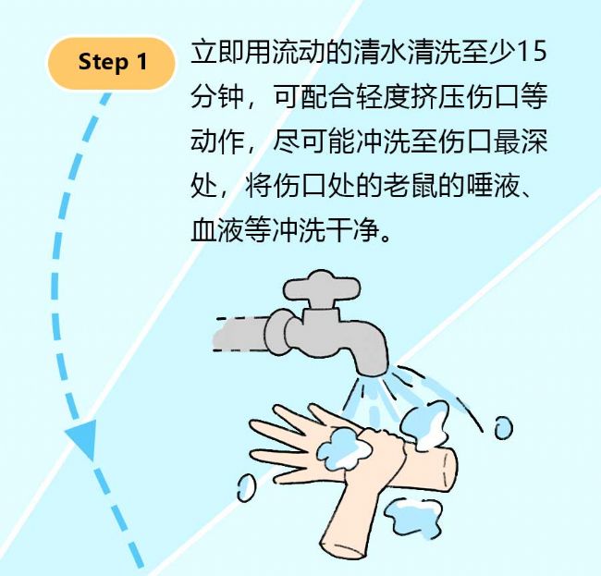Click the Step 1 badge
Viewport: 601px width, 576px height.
111,63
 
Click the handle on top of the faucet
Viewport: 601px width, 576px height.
322,286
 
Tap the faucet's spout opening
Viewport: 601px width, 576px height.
372,372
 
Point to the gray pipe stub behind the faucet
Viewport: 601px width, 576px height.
240,334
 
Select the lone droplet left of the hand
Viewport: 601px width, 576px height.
246,487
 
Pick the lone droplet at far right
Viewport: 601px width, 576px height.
503,427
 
